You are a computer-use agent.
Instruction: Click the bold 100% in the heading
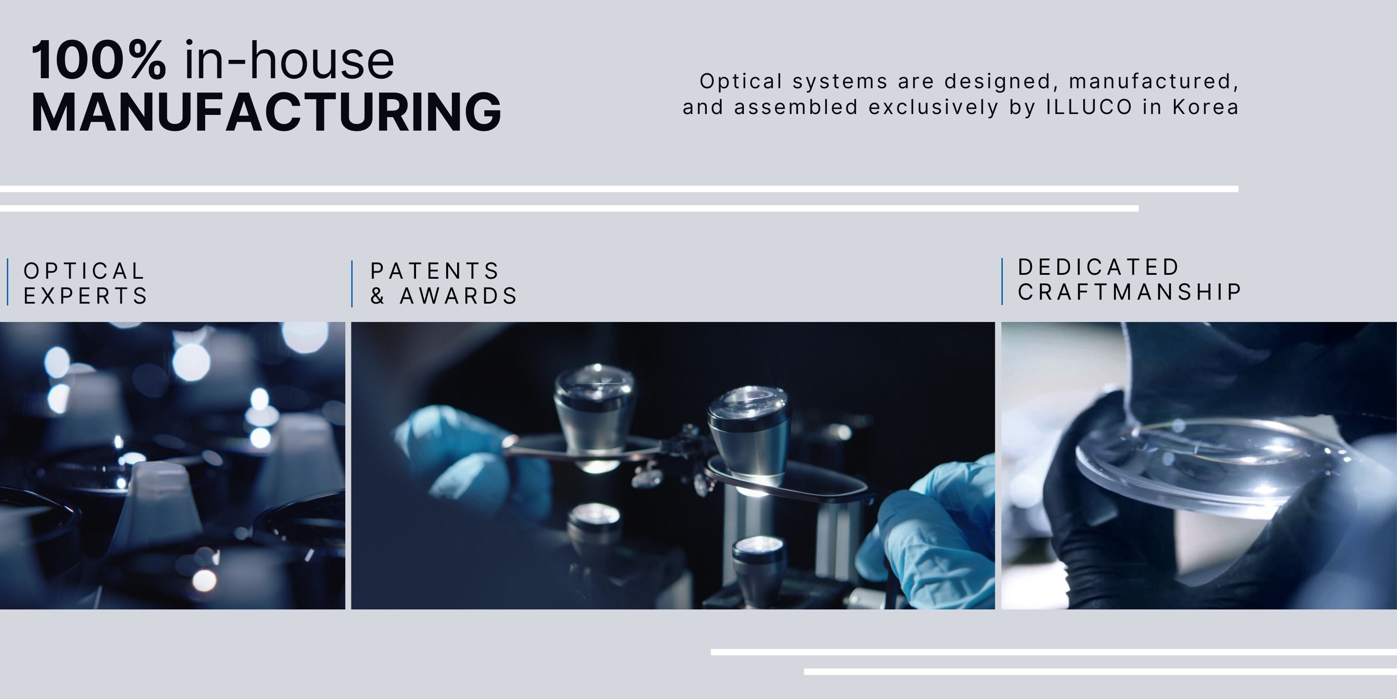coord(99,60)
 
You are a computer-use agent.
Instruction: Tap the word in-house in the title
coord(289,60)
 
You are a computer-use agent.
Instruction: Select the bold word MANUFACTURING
coord(266,112)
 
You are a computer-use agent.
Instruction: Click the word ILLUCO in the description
coord(1089,107)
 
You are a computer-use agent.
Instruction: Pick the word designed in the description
coord(1002,81)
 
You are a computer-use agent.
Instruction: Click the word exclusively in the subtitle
coord(933,107)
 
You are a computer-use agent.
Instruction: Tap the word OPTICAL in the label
coord(84,271)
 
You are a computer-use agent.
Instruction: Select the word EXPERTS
coord(86,296)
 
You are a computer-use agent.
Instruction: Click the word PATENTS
coord(434,271)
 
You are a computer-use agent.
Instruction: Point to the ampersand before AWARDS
coord(378,296)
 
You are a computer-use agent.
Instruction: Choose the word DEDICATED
coord(1098,267)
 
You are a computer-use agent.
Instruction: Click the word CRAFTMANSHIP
coord(1129,292)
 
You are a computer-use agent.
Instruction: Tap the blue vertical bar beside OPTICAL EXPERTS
coord(7,282)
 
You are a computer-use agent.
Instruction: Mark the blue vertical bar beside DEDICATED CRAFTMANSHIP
coord(1002,281)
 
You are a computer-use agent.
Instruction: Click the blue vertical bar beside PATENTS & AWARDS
coord(352,284)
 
